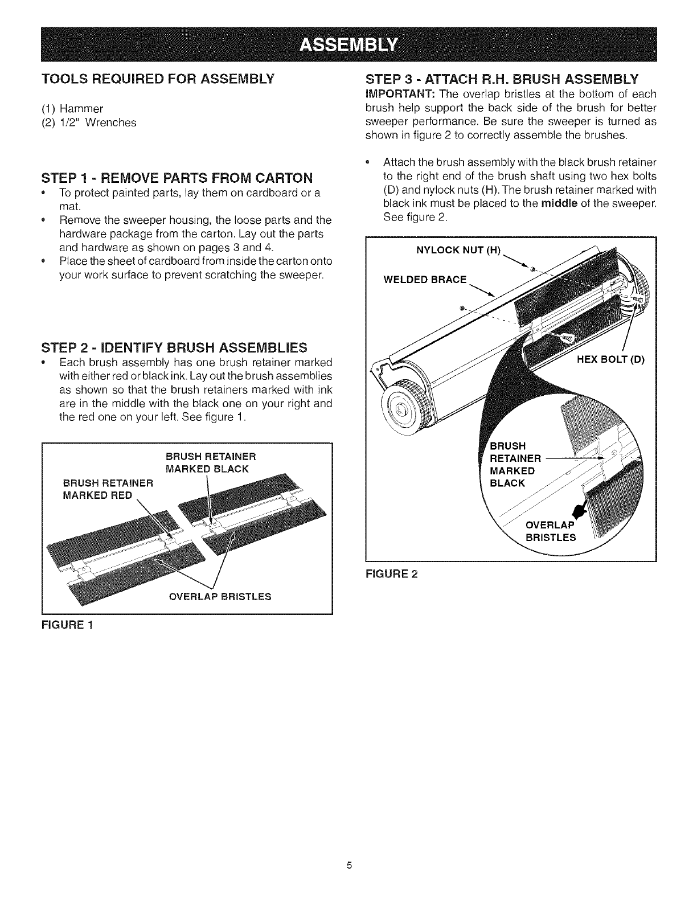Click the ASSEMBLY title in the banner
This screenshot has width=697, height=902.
(348, 44)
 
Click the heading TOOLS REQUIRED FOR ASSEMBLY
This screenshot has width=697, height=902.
(158, 78)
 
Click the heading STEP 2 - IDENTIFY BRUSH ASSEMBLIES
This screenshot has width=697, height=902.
(175, 347)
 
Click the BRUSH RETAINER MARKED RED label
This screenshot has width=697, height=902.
(108, 489)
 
